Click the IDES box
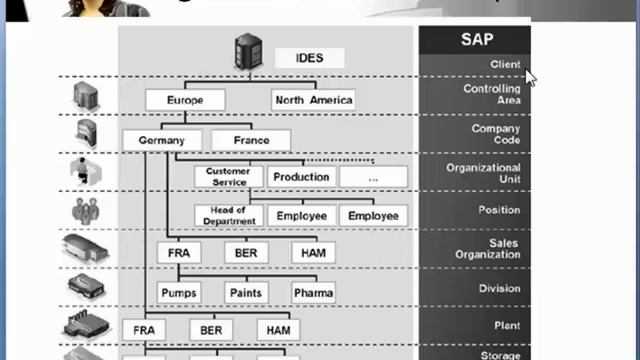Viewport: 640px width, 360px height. point(310,58)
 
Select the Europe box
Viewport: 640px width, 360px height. point(185,100)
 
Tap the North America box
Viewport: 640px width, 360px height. point(313,100)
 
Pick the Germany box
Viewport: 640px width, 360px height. point(162,141)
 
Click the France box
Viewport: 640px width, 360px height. point(251,141)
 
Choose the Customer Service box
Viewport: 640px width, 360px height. point(228,177)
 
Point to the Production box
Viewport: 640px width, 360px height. point(301,177)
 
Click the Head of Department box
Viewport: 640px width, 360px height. point(230,215)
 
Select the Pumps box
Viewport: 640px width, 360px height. point(179,292)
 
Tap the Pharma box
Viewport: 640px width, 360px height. point(313,292)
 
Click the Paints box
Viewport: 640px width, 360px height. point(246,292)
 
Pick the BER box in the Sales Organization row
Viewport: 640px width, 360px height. point(246,253)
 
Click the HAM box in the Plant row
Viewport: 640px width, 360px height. point(278,329)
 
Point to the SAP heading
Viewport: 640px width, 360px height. point(475,40)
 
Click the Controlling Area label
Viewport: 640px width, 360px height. point(491,94)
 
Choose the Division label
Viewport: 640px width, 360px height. point(499,289)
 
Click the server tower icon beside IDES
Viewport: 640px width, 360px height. point(247,53)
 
